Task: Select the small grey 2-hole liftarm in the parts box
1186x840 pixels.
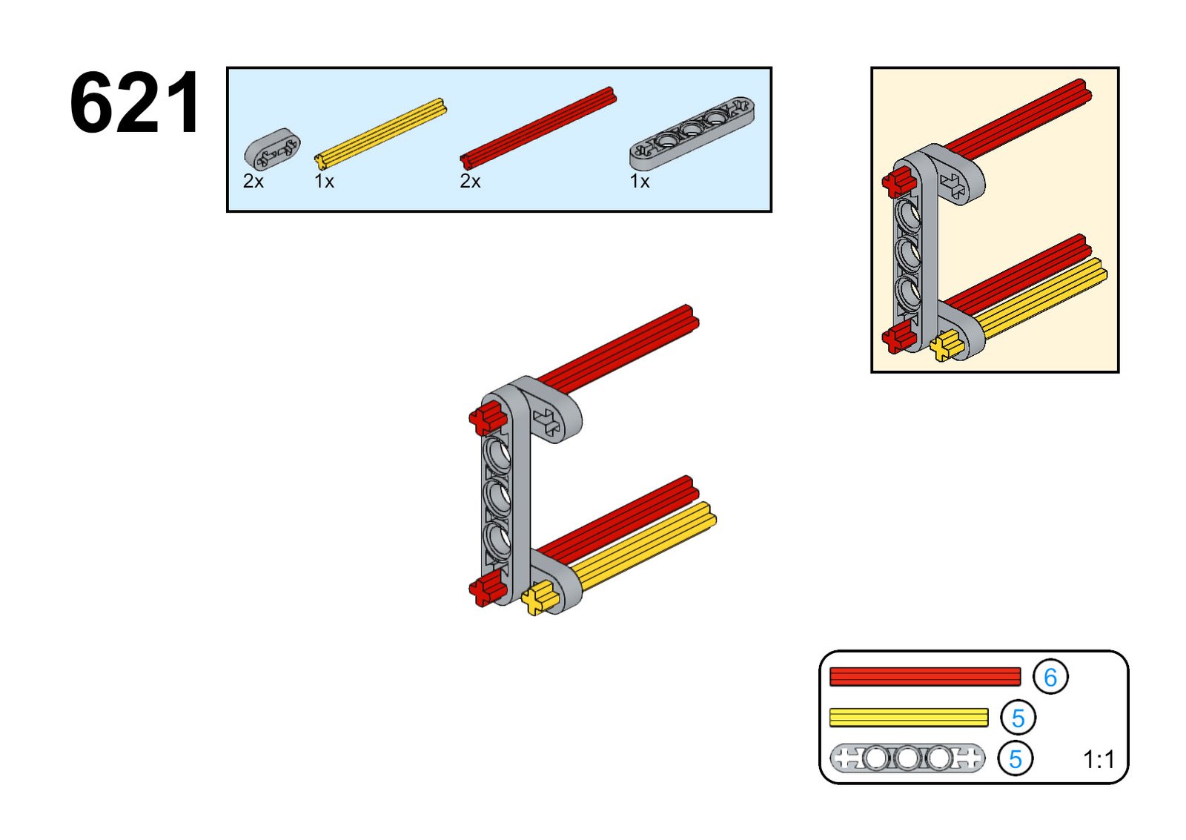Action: click(x=272, y=150)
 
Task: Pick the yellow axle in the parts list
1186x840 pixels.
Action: click(x=380, y=133)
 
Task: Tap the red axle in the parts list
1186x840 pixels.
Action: click(x=537, y=127)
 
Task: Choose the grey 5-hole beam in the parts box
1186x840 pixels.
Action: click(x=692, y=133)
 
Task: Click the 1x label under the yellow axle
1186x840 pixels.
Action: click(x=324, y=182)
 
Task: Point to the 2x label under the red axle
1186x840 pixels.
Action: click(x=470, y=182)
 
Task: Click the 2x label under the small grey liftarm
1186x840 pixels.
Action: click(x=254, y=182)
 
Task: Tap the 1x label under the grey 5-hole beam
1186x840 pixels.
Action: click(x=640, y=182)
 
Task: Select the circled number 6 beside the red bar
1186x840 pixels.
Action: click(x=1050, y=677)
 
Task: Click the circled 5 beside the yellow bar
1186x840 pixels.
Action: click(x=1018, y=718)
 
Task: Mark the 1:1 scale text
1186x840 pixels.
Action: click(x=1099, y=760)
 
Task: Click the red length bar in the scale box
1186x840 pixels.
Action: click(x=924, y=676)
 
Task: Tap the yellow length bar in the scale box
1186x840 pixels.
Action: click(x=908, y=717)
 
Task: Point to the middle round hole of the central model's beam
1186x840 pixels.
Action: click(x=498, y=497)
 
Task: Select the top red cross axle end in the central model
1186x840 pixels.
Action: click(x=486, y=419)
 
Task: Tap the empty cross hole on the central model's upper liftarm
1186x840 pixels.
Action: click(x=549, y=423)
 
